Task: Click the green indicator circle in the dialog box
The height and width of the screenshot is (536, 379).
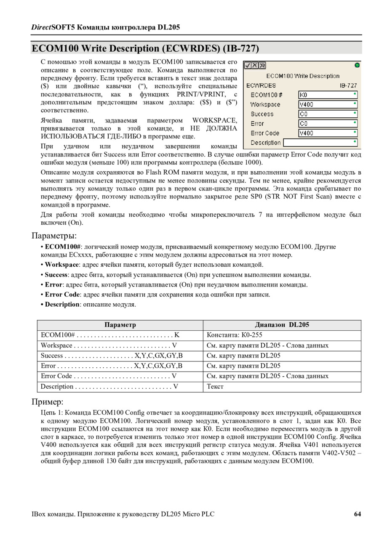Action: (357, 65)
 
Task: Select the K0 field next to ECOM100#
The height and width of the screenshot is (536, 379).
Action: (328, 95)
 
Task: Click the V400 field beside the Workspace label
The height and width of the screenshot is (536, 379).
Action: (328, 104)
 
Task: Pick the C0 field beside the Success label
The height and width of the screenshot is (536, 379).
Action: (328, 114)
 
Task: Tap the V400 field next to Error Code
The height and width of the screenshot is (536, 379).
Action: (328, 133)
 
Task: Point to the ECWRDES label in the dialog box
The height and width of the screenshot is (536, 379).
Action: (261, 85)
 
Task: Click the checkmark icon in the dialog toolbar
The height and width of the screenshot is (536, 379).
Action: (248, 65)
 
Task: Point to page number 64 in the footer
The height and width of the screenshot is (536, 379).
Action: (358, 514)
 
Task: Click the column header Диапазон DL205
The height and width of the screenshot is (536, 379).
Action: (282, 325)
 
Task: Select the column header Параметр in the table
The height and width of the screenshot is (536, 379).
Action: (120, 325)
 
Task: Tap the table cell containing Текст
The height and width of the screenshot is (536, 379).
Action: (215, 386)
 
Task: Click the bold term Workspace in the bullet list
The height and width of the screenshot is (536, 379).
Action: (62, 265)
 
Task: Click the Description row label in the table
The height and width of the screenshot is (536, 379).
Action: (57, 386)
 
